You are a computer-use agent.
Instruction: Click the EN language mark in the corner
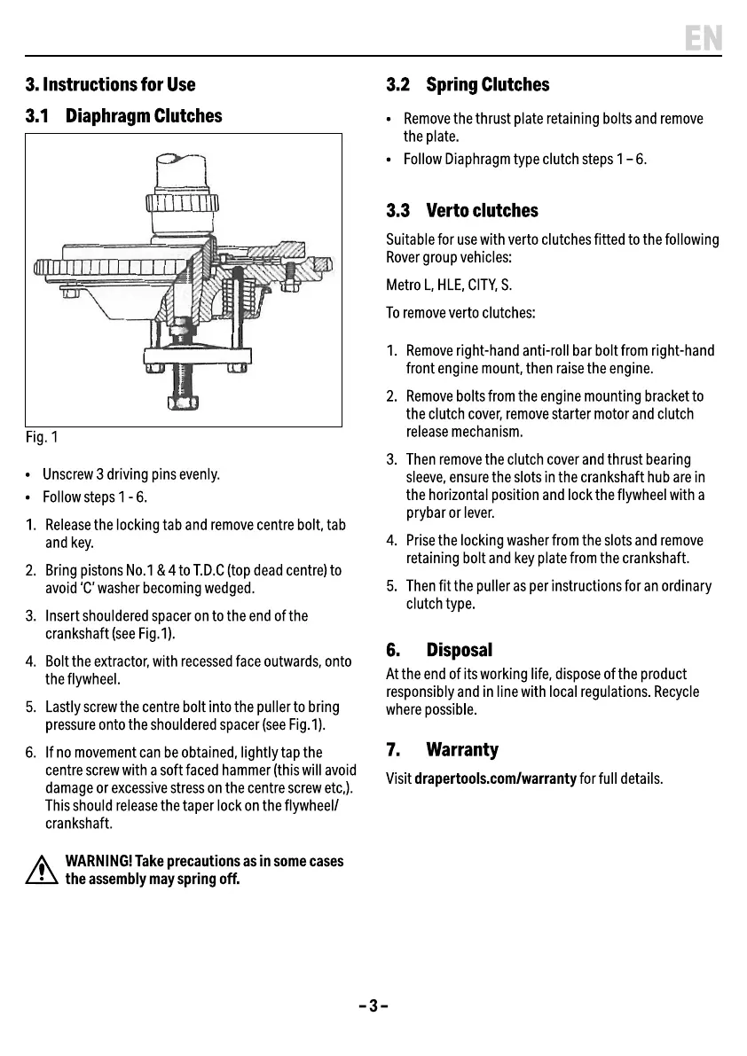point(704,38)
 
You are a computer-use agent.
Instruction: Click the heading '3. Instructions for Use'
point(110,85)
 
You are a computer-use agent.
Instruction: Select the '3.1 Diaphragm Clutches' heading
point(123,116)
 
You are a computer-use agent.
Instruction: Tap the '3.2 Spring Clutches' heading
point(468,85)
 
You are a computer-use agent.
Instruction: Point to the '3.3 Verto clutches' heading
point(462,211)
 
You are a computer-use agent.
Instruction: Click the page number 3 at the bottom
point(373,1005)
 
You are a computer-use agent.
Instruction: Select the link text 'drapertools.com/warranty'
point(496,779)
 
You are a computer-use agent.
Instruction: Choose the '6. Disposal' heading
point(438,650)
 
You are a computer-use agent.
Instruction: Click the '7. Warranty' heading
point(442,750)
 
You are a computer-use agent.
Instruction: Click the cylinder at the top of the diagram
point(182,174)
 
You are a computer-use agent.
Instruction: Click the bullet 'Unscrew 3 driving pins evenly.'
point(130,474)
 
